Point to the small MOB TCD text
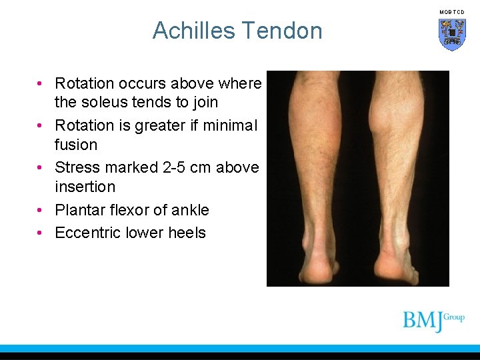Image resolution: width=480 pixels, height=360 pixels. [452, 12]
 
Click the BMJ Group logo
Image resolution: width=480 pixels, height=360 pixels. [433, 320]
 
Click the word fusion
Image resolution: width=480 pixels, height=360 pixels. [76, 145]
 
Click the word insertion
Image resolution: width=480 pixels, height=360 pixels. [85, 187]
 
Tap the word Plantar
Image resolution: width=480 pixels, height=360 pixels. [78, 210]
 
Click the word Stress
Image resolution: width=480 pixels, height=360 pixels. [75, 168]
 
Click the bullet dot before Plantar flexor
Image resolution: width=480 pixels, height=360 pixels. [41, 210]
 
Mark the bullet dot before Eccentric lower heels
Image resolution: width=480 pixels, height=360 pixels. [41, 233]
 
